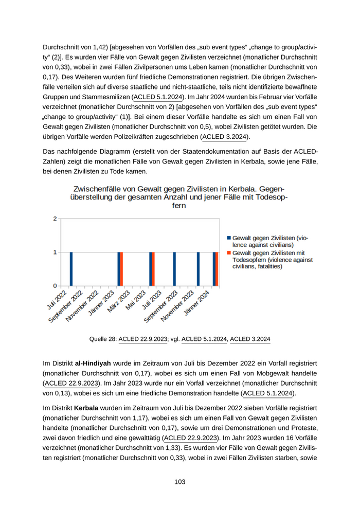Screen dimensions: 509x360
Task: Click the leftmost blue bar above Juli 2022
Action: tap(71, 269)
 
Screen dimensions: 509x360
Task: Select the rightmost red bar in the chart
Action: tap(217, 269)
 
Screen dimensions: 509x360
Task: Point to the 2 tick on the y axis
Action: tap(55, 219)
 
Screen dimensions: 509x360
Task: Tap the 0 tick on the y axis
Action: tap(55, 286)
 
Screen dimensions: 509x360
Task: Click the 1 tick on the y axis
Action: tap(55, 252)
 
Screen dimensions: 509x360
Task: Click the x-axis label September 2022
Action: tap(66, 306)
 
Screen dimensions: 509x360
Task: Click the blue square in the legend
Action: tap(229, 238)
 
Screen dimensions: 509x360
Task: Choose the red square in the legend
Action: tap(229, 253)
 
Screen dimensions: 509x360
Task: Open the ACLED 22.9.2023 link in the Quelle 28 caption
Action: tap(143, 339)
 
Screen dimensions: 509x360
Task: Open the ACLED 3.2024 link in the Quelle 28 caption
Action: tap(250, 339)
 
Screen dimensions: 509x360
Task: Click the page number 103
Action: tap(179, 482)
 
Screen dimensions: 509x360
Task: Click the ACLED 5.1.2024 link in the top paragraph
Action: tap(158, 97)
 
